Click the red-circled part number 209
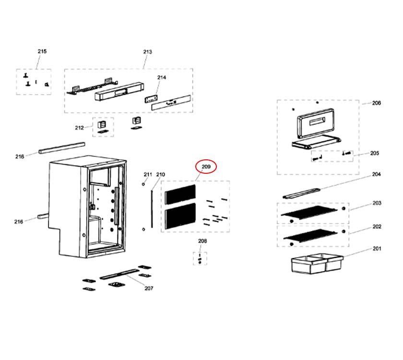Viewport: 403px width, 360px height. pos(206,167)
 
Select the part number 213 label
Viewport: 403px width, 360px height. pos(147,52)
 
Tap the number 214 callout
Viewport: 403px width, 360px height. pos(162,77)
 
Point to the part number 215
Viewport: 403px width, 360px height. pos(42,51)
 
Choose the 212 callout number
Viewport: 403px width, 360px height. pos(79,128)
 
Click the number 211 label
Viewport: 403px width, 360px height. pos(148,174)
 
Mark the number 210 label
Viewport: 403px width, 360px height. pos(160,174)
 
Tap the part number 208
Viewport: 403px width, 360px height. pos(202,241)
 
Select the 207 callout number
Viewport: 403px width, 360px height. pos(149,288)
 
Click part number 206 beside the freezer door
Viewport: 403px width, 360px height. pos(377,103)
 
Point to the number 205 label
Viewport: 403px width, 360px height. pos(375,154)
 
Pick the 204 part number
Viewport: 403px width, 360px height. pos(377,175)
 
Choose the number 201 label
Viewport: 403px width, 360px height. pos(377,249)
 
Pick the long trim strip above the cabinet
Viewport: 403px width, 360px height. pos(62,147)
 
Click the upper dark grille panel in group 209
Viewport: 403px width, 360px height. pos(180,194)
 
